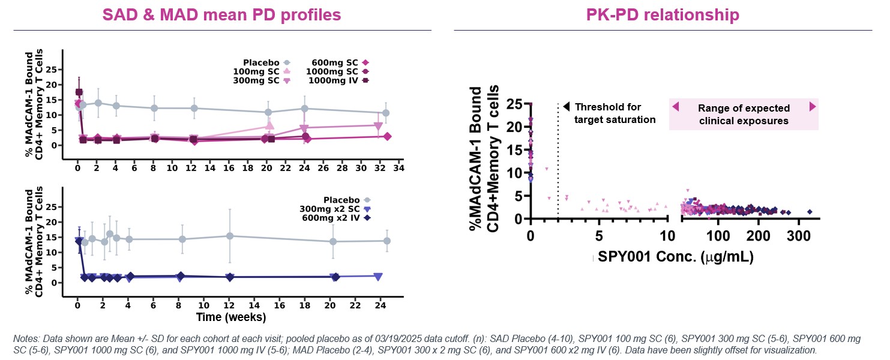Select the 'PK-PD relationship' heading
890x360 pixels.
(x=663, y=14)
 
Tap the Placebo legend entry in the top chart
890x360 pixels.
(x=267, y=62)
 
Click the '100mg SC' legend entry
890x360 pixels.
(x=262, y=71)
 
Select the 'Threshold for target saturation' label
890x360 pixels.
(x=615, y=113)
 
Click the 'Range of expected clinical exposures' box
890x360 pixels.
(x=744, y=114)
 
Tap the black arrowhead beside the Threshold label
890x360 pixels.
(x=567, y=107)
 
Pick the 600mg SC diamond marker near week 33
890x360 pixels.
(x=387, y=137)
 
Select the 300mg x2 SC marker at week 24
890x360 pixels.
(x=377, y=277)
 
